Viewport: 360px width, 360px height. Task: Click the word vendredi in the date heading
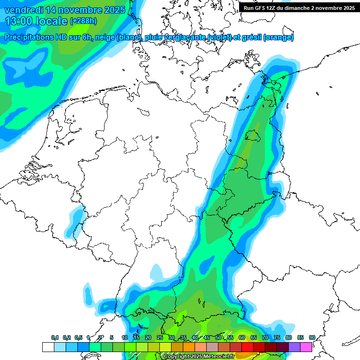pos(23,10)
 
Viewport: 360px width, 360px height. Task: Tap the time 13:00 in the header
pos(18,21)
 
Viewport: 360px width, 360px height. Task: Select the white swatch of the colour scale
pos(48,347)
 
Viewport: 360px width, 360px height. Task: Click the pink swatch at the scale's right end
pos(306,347)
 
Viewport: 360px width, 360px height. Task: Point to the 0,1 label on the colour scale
pos(55,337)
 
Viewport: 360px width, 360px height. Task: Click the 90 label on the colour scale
pos(312,337)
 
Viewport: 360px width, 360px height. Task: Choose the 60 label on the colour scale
pos(242,337)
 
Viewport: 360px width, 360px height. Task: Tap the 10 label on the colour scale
pos(125,337)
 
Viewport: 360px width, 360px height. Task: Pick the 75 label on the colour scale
pos(277,337)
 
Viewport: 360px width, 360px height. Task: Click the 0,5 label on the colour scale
pos(78,337)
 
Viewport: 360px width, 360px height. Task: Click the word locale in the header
pos(52,21)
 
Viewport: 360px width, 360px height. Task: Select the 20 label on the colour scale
pos(148,337)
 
